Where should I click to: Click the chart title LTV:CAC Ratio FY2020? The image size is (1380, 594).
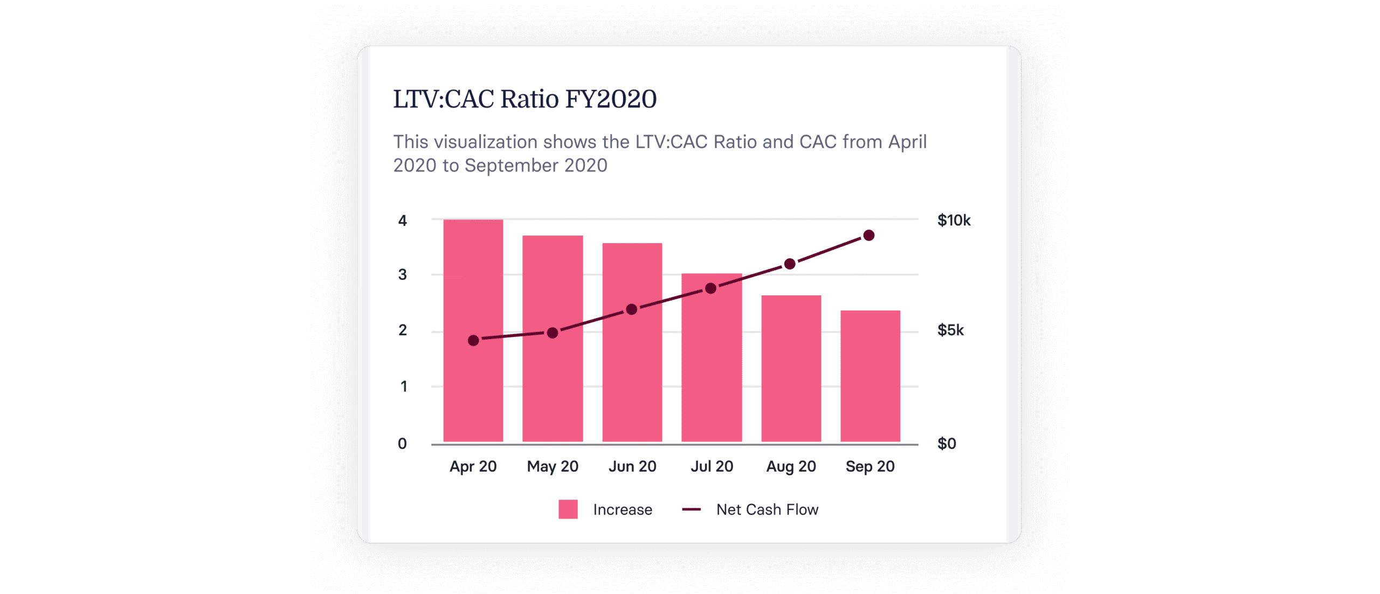(x=525, y=99)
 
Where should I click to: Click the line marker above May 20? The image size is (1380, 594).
(x=553, y=333)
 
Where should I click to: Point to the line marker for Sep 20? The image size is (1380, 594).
(x=869, y=236)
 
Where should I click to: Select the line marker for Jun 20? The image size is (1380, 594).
(x=632, y=309)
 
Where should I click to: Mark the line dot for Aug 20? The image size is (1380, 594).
(x=790, y=264)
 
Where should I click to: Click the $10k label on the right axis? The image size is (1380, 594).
(x=954, y=220)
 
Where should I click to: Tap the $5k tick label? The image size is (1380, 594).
(x=950, y=330)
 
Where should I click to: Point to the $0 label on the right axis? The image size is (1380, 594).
(x=947, y=444)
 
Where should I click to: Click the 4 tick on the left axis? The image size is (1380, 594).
(x=402, y=220)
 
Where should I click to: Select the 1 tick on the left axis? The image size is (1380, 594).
(x=403, y=386)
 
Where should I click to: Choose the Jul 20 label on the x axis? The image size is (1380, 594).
(x=712, y=466)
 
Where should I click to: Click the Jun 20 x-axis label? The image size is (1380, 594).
(x=632, y=466)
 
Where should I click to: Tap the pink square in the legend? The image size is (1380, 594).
(x=568, y=509)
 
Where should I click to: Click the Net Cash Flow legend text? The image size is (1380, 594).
(x=767, y=509)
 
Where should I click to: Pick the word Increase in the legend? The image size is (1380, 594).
(x=623, y=509)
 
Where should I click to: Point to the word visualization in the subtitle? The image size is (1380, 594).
(x=486, y=142)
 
